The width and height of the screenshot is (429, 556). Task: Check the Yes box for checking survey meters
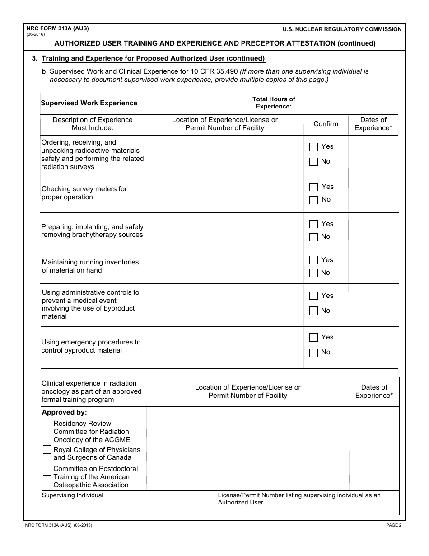pos(313,187)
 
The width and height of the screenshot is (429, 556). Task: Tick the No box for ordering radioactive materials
pos(313,162)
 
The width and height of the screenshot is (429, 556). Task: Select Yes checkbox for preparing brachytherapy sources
pos(313,224)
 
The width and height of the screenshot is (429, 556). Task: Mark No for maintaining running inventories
pos(313,273)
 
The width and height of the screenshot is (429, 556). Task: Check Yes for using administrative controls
pos(313,296)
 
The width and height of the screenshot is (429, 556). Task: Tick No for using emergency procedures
pos(313,353)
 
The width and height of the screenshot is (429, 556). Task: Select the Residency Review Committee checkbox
pos(47,425)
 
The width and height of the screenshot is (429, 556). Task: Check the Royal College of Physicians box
pos(47,450)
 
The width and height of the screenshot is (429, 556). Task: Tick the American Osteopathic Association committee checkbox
pos(47,471)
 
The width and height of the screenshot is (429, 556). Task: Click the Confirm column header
pos(326,124)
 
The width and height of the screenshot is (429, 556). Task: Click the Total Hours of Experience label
pos(274,103)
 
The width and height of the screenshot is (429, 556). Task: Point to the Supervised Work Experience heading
pos(89,103)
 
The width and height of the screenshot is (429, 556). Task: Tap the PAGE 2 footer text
pos(393,525)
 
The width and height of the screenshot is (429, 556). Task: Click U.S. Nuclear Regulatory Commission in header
pos(342,29)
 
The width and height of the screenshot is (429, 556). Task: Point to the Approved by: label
pos(64,412)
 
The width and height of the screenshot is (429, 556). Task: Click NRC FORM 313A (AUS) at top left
pos(57,28)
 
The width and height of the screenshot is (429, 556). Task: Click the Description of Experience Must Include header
pos(93,124)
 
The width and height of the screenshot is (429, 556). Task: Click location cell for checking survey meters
pos(225,194)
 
